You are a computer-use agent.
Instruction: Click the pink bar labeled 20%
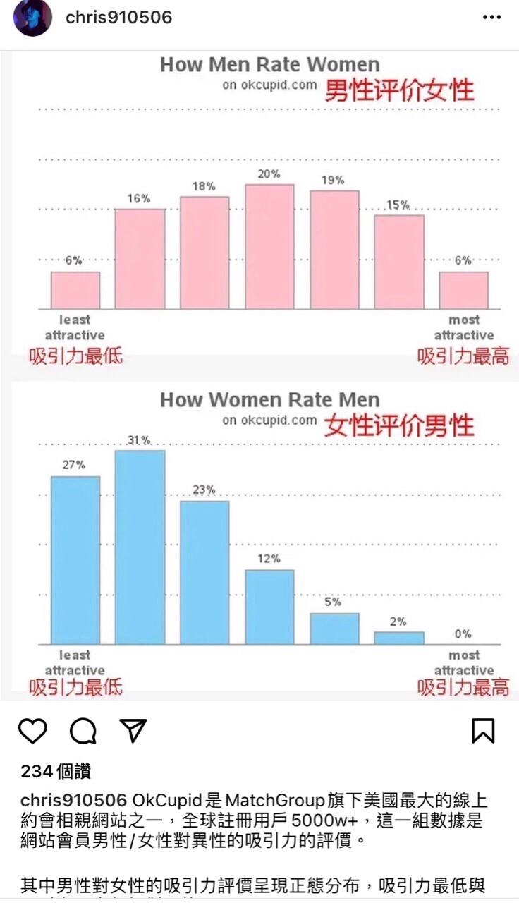tap(269, 246)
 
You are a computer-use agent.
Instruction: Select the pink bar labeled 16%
tap(140, 259)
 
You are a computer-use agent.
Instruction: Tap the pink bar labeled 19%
tap(334, 250)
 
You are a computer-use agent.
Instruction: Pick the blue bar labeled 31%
tap(140, 547)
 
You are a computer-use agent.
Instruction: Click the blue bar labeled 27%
tap(75, 560)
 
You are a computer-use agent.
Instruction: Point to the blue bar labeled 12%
tap(269, 607)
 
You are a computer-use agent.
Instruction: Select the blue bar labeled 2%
tap(399, 638)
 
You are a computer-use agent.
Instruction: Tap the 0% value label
tap(463, 634)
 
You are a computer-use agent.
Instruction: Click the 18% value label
tap(204, 186)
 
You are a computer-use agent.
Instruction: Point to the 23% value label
tap(204, 490)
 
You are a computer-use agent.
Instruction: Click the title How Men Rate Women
tap(269, 65)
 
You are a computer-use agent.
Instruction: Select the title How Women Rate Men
tap(269, 400)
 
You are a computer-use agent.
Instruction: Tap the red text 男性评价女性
tap(399, 90)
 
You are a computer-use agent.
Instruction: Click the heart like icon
tap(32, 731)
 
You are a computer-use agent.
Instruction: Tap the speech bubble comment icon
tap(83, 731)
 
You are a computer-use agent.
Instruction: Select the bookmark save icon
tap(483, 731)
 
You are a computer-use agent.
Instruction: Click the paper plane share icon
tap(133, 731)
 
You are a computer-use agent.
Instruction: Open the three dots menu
tap(491, 18)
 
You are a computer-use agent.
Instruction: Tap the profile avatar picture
tap(32, 18)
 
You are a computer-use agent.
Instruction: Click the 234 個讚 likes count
tap(56, 772)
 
